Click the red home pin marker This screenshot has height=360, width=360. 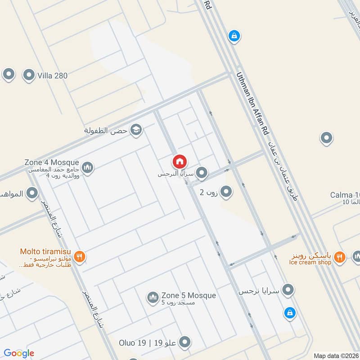[x=180, y=161]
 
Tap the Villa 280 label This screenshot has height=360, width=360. [x=53, y=76]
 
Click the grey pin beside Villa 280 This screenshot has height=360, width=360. [x=29, y=75]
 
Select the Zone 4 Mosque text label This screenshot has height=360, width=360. [x=52, y=162]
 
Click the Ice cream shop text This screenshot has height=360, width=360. [x=310, y=262]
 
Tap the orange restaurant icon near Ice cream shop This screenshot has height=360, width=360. [x=340, y=257]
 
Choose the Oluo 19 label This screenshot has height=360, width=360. [x=133, y=343]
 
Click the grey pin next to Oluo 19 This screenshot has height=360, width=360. [x=184, y=343]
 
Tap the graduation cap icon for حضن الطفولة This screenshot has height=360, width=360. [x=135, y=130]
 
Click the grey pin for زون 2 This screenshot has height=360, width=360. [x=226, y=192]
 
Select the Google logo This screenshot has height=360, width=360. [x=19, y=353]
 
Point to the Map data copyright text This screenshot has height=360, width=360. [x=336, y=355]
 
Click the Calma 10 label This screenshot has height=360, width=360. [x=345, y=195]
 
